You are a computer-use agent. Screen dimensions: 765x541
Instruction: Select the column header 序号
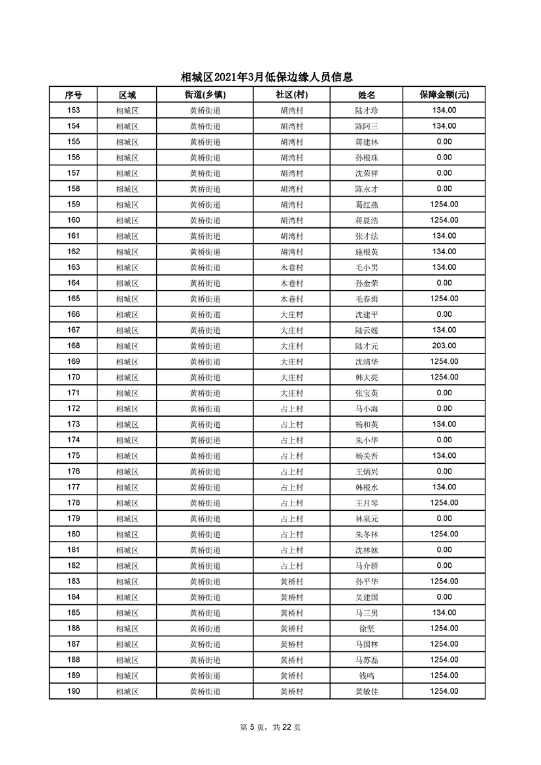tap(73, 95)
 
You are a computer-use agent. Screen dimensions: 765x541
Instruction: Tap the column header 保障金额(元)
tap(444, 95)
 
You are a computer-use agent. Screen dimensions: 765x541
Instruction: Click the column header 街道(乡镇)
tap(205, 95)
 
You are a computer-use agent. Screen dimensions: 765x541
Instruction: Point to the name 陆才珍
tap(367, 110)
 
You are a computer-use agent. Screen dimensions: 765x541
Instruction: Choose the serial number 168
tap(73, 346)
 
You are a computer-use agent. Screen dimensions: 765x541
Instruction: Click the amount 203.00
tap(444, 346)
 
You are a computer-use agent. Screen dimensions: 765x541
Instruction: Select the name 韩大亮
tap(367, 377)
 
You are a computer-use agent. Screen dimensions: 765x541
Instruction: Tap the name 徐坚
tap(367, 628)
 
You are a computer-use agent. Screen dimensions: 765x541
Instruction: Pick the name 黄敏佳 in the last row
tap(367, 691)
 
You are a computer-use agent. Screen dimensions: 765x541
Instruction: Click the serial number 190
tap(73, 691)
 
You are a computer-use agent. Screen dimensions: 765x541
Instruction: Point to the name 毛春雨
tap(367, 299)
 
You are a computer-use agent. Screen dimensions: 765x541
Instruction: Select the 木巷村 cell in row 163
tap(291, 267)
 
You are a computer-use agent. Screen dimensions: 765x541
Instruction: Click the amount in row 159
tap(444, 204)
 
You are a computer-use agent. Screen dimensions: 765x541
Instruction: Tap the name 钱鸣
tap(367, 675)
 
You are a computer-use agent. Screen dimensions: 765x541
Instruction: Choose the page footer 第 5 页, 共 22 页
tap(270, 727)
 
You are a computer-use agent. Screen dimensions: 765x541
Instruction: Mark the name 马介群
tap(367, 566)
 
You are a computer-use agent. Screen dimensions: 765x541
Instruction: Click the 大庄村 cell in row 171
tap(291, 393)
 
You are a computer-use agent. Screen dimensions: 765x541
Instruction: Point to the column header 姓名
tap(367, 95)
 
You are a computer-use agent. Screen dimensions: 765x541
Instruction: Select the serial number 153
tap(73, 110)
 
